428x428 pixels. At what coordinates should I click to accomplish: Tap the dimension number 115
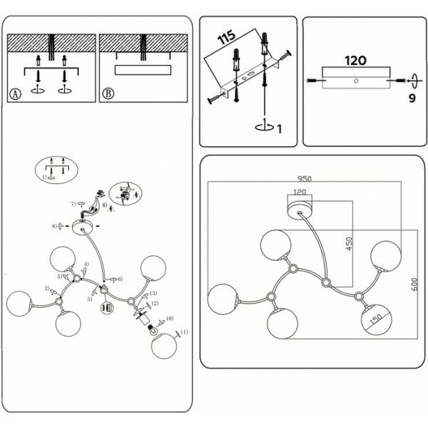tap(228, 39)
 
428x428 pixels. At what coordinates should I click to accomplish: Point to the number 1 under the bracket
tap(279, 128)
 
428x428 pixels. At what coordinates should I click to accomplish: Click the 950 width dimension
tap(305, 178)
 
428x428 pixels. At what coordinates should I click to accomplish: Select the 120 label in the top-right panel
tap(355, 61)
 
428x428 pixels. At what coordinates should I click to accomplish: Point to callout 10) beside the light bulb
tap(169, 318)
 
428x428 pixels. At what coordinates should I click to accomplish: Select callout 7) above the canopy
tap(73, 204)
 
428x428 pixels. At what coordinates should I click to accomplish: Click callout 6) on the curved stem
tap(119, 278)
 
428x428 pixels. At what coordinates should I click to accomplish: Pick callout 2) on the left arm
tap(47, 288)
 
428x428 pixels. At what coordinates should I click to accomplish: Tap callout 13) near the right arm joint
tap(152, 293)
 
